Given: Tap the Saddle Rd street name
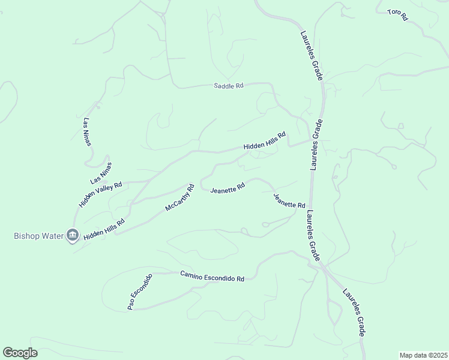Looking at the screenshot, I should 229,86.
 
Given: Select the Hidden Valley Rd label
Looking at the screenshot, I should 100,194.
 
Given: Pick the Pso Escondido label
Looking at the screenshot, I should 140,292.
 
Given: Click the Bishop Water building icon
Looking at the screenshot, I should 73,235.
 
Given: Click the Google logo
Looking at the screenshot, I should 20,353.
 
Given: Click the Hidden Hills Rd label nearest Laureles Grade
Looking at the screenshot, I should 264,142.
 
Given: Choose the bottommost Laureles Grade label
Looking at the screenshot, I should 355,312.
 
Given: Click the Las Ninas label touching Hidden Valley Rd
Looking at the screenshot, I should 101,173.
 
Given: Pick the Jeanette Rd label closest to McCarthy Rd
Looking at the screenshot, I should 228,188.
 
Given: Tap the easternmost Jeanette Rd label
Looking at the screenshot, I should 289,200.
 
